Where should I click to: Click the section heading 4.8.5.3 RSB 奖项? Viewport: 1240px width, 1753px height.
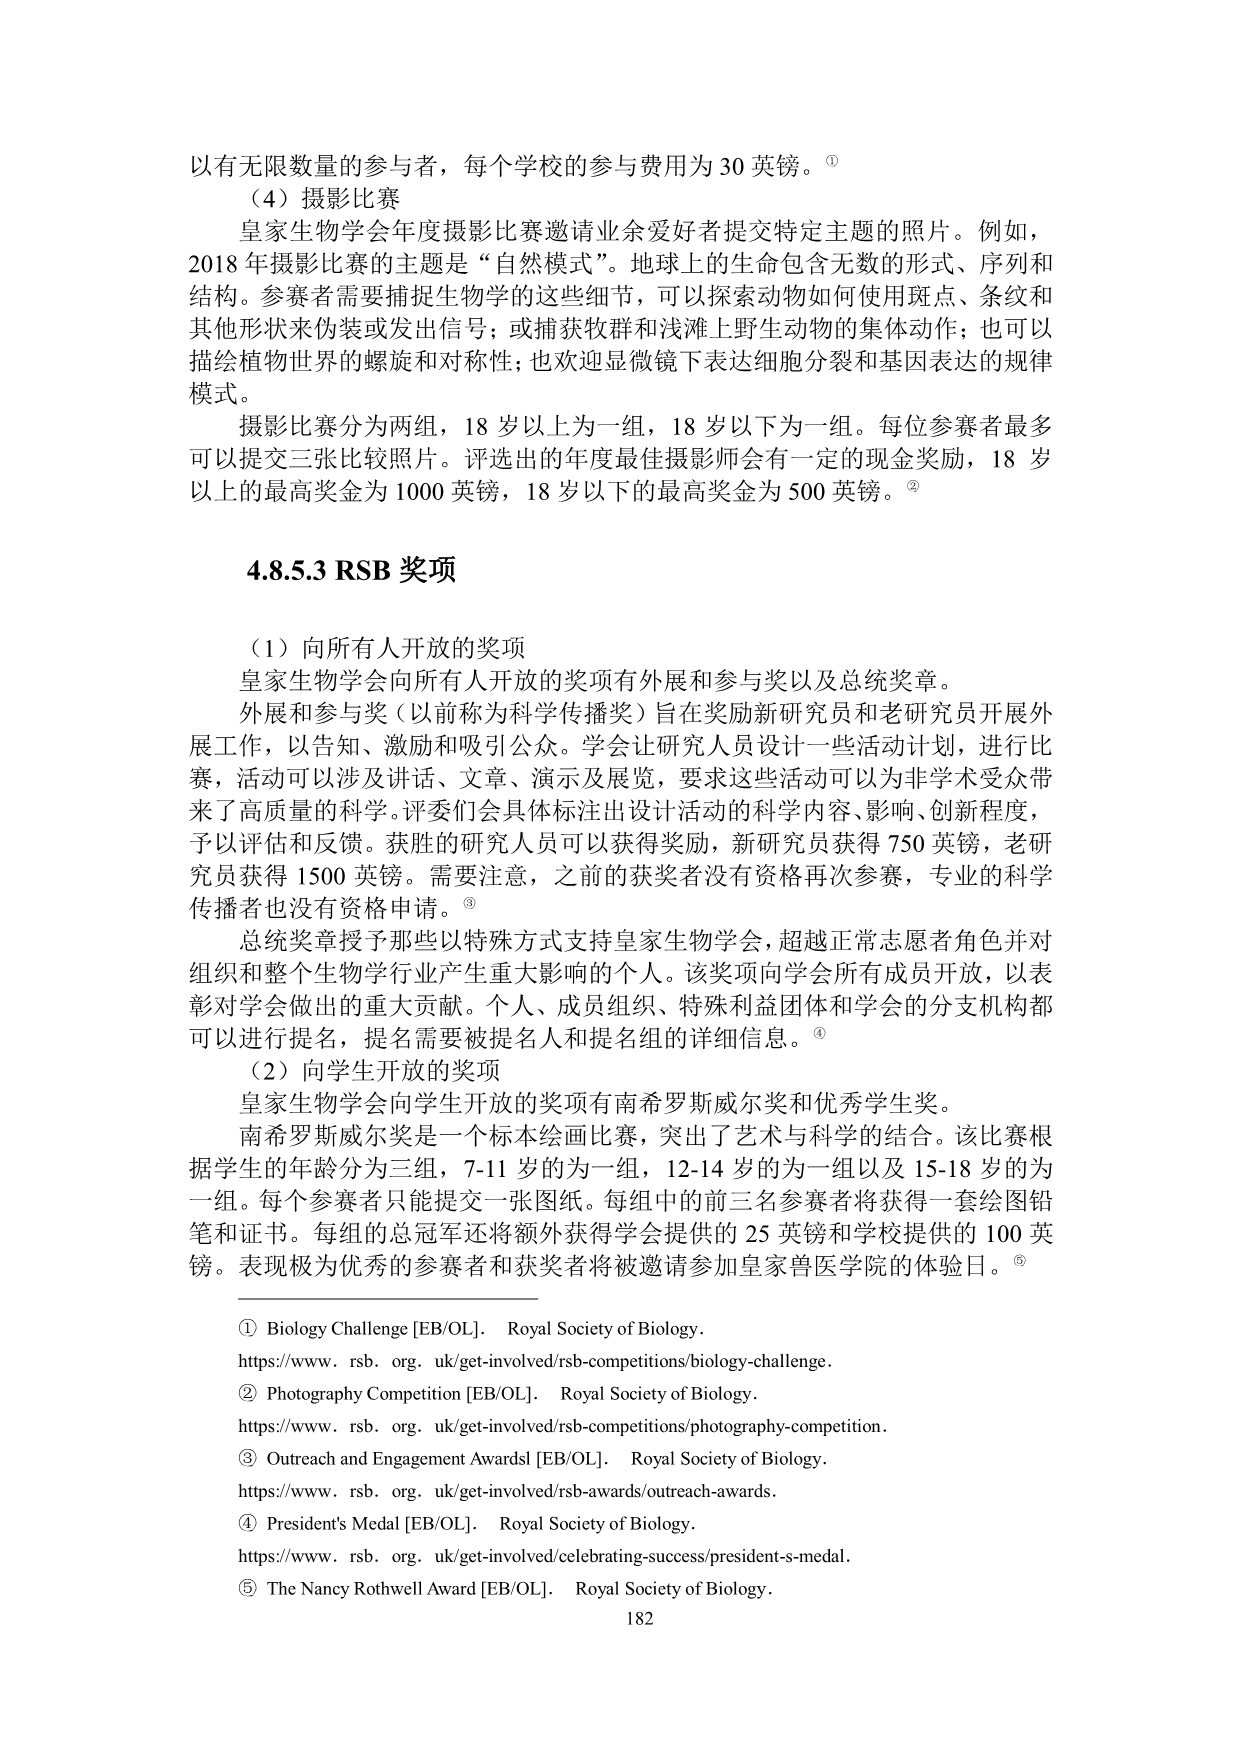(x=351, y=571)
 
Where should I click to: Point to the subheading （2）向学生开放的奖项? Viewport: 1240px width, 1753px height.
(x=374, y=1071)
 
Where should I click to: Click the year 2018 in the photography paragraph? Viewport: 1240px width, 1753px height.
(x=210, y=264)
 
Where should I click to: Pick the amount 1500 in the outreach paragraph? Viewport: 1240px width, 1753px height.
(x=320, y=876)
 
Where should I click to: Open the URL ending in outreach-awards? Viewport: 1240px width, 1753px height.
(x=508, y=1491)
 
